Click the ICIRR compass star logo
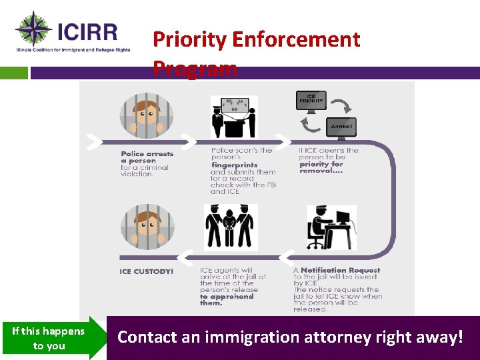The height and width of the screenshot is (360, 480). click(x=33, y=29)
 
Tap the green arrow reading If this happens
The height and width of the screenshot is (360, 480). click(x=53, y=338)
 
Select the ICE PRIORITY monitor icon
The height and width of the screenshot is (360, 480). click(x=311, y=100)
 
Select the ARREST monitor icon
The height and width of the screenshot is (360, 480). click(x=341, y=127)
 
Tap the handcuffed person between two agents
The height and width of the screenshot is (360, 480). click(x=231, y=227)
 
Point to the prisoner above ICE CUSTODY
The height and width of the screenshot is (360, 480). click(x=147, y=227)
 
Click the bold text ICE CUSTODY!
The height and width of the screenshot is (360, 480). click(x=146, y=272)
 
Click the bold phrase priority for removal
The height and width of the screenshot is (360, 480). click(x=321, y=167)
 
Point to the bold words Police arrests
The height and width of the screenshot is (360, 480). click(x=147, y=154)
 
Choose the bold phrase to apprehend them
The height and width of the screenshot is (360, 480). click(x=226, y=299)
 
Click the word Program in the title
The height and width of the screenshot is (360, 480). click(x=195, y=68)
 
